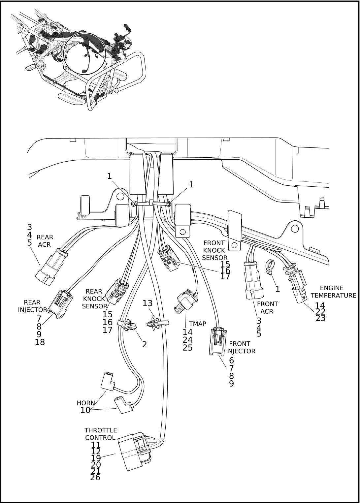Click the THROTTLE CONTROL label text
pyautogui.click(x=101, y=434)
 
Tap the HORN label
pyautogui.click(x=86, y=403)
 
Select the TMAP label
pyautogui.click(x=197, y=324)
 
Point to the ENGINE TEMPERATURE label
pyautogui.click(x=333, y=292)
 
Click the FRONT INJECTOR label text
pyautogui.click(x=240, y=347)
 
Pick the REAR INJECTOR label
pyautogui.click(x=32, y=306)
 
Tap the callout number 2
pyautogui.click(x=145, y=344)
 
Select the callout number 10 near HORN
pyautogui.click(x=85, y=410)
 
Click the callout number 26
pyautogui.click(x=95, y=477)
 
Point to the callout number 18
pyautogui.click(x=40, y=342)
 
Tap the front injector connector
pyautogui.click(x=218, y=341)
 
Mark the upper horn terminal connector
pyautogui.click(x=108, y=381)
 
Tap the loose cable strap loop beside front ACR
pyautogui.click(x=270, y=267)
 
